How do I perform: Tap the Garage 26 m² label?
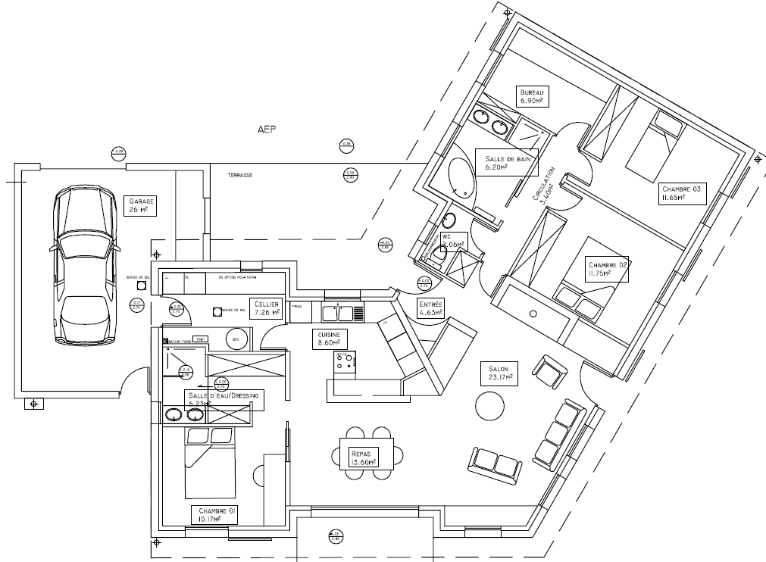141,205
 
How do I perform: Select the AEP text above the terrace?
267,130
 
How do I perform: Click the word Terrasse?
239,175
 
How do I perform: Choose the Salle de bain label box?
506,161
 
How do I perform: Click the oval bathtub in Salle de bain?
461,180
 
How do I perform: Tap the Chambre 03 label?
683,193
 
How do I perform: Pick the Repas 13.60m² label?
364,457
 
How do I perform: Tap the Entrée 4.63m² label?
430,308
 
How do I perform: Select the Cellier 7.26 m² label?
267,307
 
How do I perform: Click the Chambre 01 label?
214,515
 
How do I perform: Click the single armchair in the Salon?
549,370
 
